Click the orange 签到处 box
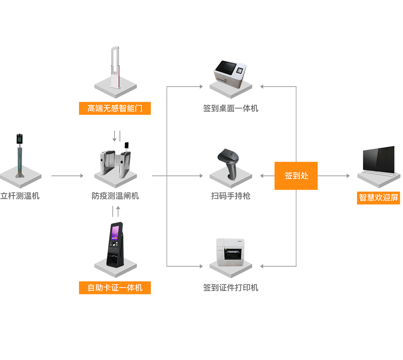296,176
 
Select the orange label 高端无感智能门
115,108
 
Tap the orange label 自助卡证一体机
115,288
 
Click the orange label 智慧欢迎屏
379,198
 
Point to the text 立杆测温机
20,196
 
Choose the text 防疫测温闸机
115,196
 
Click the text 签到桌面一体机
231,108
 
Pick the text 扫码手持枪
231,196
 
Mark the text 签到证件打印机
231,288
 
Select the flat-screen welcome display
379,160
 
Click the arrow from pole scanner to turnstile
67,176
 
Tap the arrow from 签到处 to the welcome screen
334,176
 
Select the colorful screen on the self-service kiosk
116,233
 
